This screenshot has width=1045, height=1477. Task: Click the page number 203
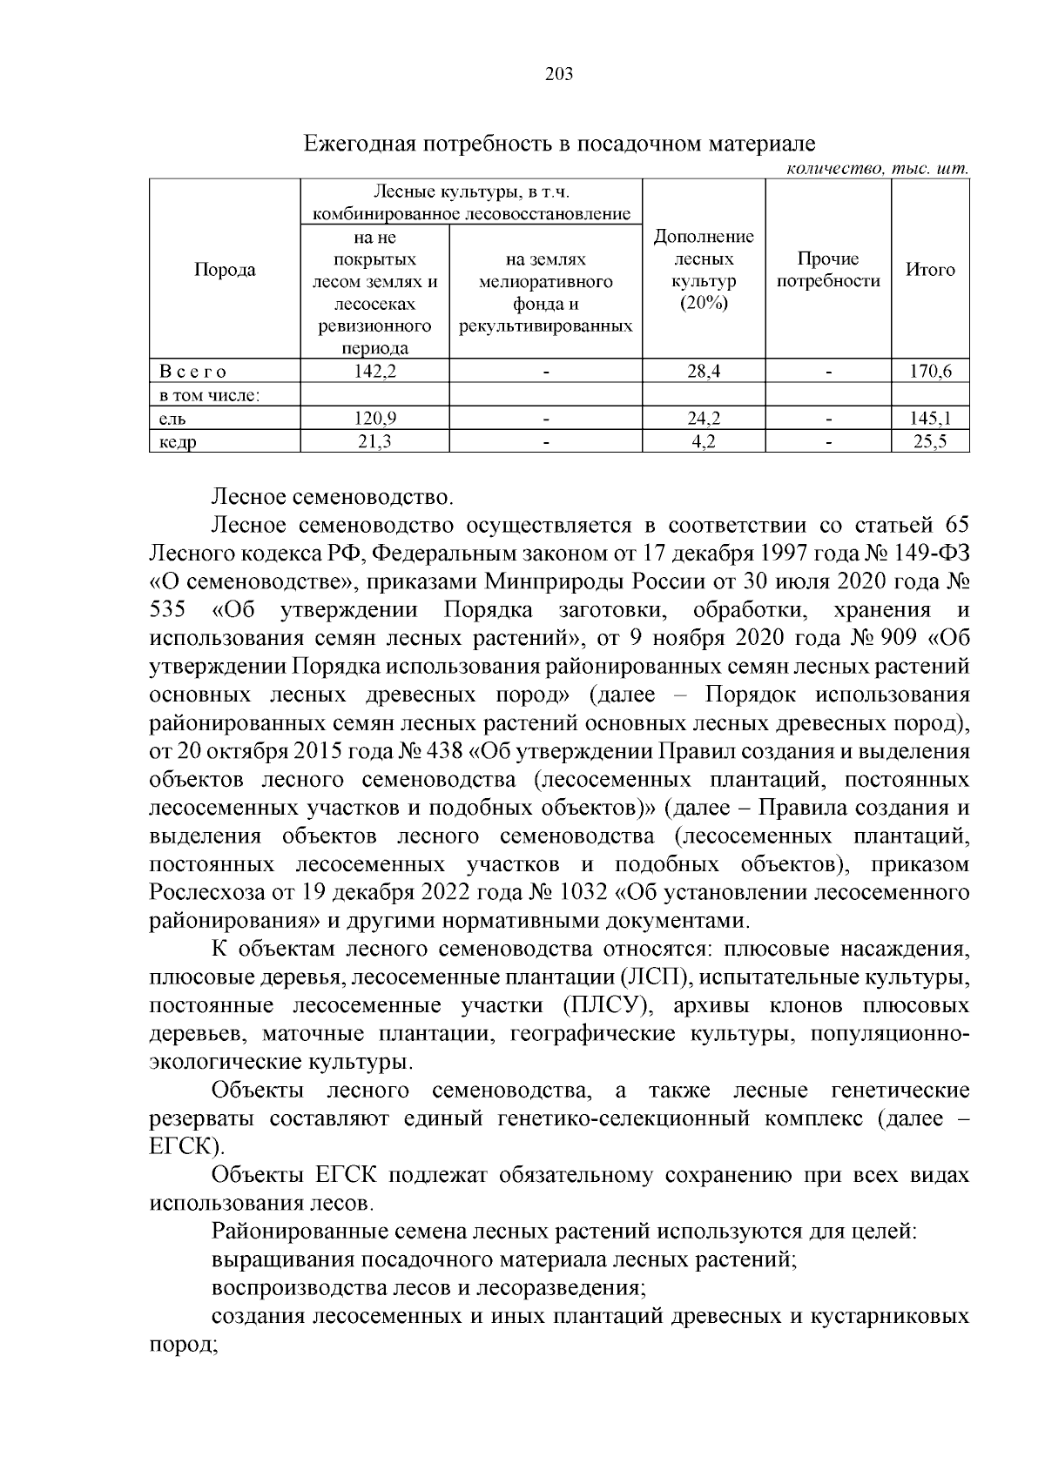[558, 75]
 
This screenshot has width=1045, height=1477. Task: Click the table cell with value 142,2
[374, 372]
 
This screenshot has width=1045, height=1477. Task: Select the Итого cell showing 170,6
[931, 372]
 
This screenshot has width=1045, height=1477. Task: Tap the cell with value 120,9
[374, 419]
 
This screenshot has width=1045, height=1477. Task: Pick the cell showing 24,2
[703, 419]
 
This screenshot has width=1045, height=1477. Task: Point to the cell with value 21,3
[374, 442]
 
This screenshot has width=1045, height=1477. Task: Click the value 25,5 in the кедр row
[931, 442]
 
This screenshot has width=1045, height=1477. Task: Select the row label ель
[170, 419]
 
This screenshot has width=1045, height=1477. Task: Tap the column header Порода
[225, 270]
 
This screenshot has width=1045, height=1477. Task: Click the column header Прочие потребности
[828, 270]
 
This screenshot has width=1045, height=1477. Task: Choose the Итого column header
[931, 270]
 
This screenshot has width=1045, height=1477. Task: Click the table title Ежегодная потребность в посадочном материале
[558, 143]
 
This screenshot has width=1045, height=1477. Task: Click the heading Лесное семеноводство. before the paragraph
[332, 498]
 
